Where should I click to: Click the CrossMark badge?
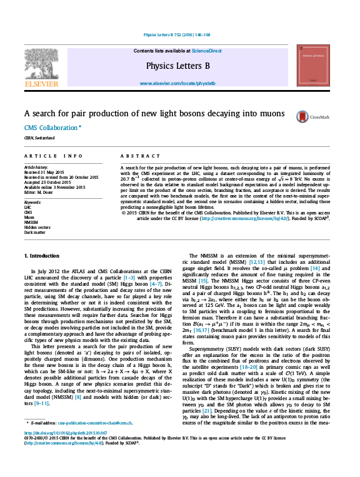coord(307,116)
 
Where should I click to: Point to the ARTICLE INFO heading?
coord(53,155)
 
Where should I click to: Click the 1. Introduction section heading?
coord(42,256)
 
